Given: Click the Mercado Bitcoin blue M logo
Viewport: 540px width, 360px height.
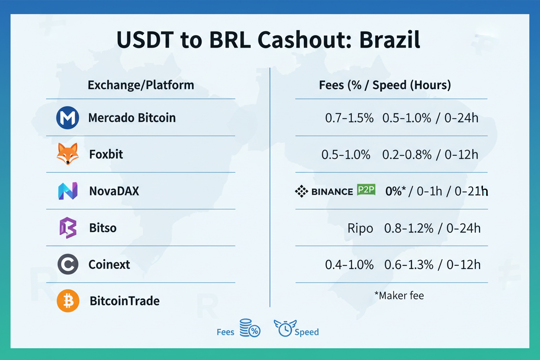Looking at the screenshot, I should point(67,118).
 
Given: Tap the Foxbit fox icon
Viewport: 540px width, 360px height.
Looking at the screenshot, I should point(67,154).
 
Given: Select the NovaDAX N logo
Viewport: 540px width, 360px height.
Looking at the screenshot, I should point(67,191).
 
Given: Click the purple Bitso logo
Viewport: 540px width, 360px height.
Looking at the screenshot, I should point(67,228).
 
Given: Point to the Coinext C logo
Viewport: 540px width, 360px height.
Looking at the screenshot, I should point(67,264).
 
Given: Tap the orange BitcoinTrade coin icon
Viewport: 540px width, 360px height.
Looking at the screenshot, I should point(68,301).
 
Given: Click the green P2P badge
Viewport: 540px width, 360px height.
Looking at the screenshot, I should point(366,190).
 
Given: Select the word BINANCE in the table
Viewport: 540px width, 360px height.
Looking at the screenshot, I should point(332,191).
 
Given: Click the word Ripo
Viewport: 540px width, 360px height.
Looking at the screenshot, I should point(360,228).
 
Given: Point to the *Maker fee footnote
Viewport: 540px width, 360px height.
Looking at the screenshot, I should point(399,296).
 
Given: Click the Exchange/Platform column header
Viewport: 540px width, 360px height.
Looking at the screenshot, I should point(141,85).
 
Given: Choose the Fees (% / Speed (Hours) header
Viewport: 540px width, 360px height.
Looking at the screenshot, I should point(385,85).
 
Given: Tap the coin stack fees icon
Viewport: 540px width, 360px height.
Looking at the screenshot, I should point(250,328).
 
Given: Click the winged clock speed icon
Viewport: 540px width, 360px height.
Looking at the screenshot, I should point(284,328).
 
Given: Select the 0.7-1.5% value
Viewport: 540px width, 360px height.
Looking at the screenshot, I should point(349,118).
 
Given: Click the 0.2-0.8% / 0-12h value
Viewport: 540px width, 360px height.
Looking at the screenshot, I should point(430,154).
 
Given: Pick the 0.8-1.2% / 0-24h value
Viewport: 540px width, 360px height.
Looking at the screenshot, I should point(432,228).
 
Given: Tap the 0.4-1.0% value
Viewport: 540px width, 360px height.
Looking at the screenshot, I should point(349,265).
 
